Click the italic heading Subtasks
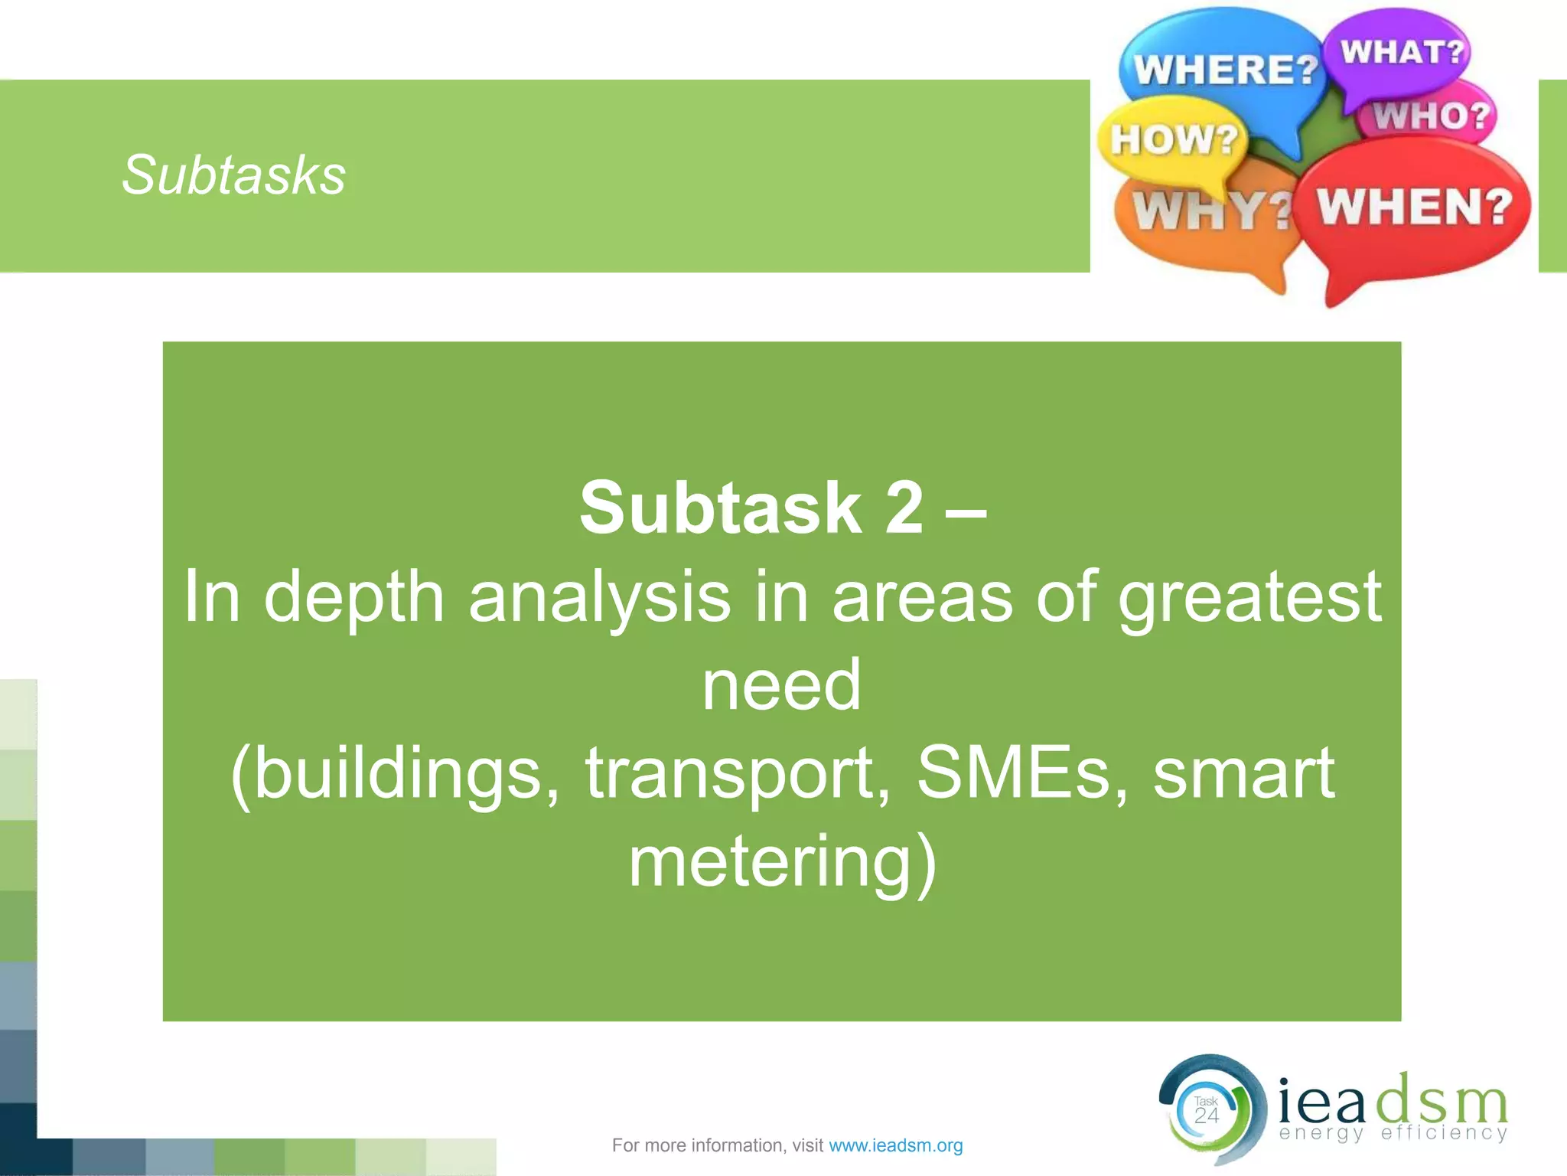click(233, 175)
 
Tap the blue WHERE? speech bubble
click(1224, 69)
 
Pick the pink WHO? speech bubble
click(1431, 116)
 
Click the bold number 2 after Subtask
click(904, 508)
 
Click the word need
click(781, 685)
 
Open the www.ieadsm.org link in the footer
click(895, 1145)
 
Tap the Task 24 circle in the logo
click(1207, 1110)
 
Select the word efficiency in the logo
click(1444, 1134)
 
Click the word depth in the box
click(354, 597)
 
